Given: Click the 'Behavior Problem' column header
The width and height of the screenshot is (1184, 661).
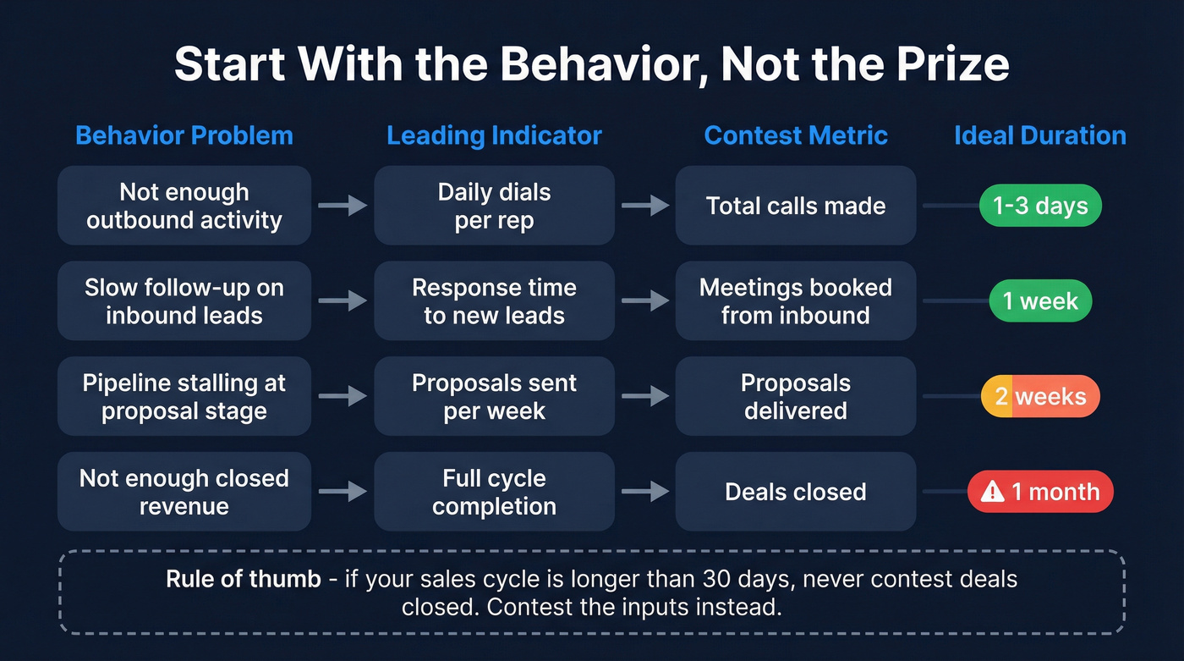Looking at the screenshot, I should click(184, 135).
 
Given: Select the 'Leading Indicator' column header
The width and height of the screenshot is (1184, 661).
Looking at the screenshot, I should click(494, 135).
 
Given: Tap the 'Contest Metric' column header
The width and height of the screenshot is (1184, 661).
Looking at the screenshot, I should click(796, 135).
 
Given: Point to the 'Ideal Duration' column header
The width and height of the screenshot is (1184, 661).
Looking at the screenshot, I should click(1039, 135).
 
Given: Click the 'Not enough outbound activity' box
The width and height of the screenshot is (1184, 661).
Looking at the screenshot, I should click(184, 206).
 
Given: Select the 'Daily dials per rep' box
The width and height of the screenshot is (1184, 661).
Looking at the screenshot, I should click(494, 206).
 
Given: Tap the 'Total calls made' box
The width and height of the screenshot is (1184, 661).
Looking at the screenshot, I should click(796, 206).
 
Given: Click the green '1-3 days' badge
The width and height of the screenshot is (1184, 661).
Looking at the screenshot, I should click(1039, 206).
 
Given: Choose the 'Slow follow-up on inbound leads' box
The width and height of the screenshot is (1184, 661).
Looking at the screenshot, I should click(184, 301).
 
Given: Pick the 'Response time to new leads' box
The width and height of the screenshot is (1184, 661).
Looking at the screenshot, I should click(494, 301).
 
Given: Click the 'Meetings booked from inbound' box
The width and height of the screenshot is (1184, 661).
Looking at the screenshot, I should click(796, 301).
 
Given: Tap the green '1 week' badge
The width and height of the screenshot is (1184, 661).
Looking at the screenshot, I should click(1039, 301).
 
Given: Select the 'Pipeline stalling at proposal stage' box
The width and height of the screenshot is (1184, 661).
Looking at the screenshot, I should click(184, 396).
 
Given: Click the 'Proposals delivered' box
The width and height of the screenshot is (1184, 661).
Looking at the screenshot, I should click(796, 396).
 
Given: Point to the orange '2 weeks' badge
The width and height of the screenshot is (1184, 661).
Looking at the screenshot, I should click(1039, 396).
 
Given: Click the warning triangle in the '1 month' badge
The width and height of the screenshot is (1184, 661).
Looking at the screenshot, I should click(992, 492).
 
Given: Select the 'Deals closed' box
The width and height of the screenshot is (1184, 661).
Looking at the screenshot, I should click(796, 492).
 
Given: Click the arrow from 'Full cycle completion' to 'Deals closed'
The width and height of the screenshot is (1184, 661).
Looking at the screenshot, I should click(644, 492).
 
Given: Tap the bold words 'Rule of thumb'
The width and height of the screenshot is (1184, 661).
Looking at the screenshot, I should click(244, 580).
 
